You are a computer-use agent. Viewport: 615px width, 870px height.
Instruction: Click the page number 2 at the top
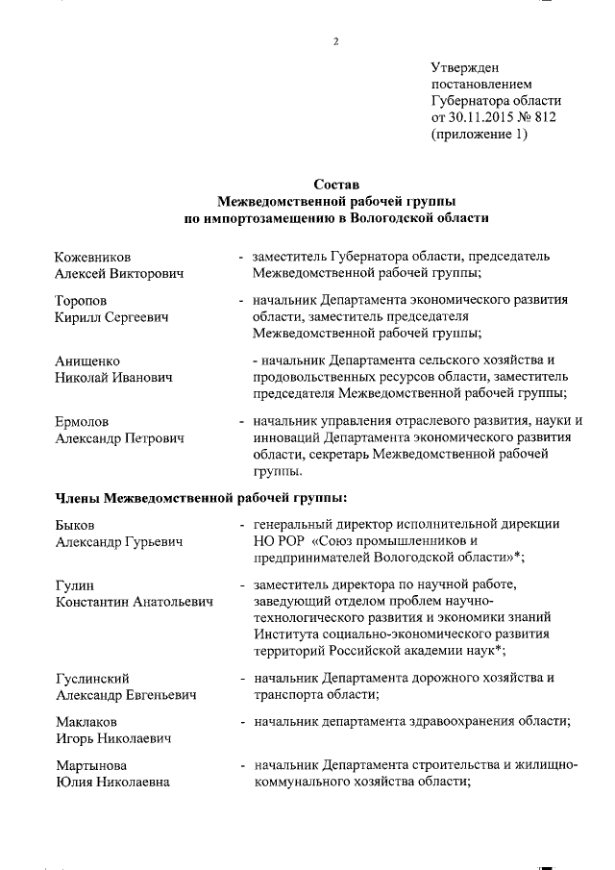336,40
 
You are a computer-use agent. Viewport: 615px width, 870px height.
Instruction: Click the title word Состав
335,185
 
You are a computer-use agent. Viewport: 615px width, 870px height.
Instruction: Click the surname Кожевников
93,258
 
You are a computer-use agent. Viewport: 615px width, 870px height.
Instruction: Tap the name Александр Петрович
119,437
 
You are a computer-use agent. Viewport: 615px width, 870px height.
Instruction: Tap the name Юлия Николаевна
113,782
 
